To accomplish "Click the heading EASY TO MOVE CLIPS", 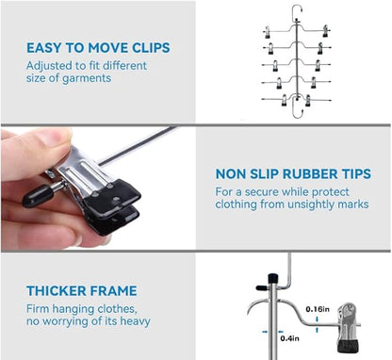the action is pos(98,48).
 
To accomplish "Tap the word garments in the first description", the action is pos(87,78).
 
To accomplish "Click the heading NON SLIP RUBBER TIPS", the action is pos(293,173).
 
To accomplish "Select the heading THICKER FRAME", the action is pos(82,290).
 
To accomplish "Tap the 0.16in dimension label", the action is pos(318,309).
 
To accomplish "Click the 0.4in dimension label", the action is pos(289,338).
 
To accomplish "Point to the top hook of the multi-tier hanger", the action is pos(297,11).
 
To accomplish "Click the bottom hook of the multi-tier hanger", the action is pos(297,111).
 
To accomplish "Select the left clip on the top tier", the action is pos(267,32).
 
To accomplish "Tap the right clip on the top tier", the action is pos(325,31).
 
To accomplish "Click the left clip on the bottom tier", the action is pos(285,100).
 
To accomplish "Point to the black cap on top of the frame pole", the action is pos(272,278).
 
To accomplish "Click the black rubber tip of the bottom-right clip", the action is pos(346,345).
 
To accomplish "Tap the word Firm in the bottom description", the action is pos(38,309).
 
